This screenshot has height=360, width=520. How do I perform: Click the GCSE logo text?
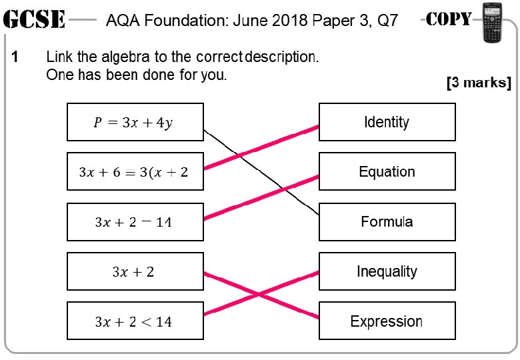pos(34,20)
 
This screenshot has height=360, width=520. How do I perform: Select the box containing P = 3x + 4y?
pos(135,122)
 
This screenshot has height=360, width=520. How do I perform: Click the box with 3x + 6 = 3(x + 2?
pos(135,172)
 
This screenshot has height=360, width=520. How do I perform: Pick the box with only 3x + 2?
pos(135,271)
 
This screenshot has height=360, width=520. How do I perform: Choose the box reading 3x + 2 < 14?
pos(135,321)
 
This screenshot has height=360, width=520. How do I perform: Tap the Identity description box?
pos(387,122)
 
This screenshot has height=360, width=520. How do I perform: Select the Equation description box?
pos(387,172)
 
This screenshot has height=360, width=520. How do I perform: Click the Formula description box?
pos(387,222)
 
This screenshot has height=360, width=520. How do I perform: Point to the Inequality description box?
pos(387,271)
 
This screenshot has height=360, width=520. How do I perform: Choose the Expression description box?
pos(387,321)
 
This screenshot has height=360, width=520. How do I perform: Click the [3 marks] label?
pos(478,83)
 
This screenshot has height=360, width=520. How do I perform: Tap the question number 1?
pos(16,57)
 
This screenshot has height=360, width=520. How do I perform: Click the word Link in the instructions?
pos(58,57)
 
